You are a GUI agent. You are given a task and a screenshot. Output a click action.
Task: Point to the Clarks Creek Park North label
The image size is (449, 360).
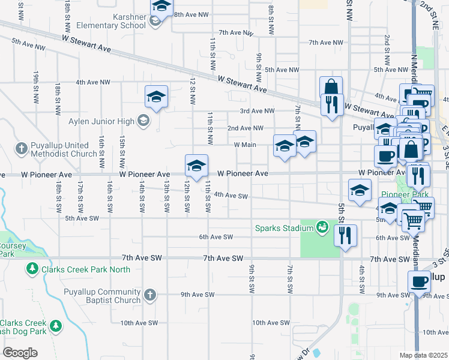click(85, 269)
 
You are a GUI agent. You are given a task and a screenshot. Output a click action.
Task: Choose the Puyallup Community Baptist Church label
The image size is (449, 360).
click(103, 296)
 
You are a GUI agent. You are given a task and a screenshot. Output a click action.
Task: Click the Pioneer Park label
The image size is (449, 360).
click(404, 194)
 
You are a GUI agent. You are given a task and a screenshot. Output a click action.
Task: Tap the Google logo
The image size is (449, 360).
click(20, 353)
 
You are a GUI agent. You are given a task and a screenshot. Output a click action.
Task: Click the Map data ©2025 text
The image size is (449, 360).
click(423, 355)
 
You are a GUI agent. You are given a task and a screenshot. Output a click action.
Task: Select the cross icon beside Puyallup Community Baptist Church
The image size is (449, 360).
click(150, 295)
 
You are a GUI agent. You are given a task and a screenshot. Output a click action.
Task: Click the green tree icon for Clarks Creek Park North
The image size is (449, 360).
click(31, 270)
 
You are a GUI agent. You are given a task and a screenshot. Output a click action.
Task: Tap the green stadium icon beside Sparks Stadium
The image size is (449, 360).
click(322, 227)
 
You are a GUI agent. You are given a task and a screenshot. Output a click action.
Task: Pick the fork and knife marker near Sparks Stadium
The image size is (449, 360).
click(345, 235)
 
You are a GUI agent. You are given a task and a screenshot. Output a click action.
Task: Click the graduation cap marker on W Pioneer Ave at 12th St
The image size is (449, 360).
click(196, 166)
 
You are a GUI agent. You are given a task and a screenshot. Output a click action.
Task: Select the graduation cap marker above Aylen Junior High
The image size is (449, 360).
click(156, 97)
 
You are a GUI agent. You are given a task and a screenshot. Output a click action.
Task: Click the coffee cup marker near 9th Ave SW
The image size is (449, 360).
click(419, 281)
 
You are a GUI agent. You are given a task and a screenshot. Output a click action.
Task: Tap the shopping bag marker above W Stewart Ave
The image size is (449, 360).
click(330, 88)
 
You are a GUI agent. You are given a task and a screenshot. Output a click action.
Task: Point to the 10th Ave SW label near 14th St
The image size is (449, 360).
click(139, 323)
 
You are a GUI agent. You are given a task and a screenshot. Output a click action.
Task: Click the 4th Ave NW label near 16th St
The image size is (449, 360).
click(93, 82)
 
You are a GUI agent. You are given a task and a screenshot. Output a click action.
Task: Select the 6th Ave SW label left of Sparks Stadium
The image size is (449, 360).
click(216, 237)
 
